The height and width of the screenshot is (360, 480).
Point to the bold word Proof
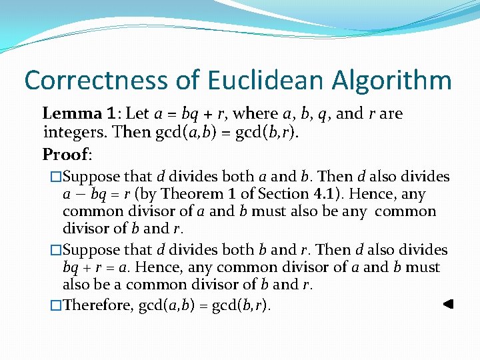click(65, 155)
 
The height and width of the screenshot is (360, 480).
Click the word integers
click(74, 131)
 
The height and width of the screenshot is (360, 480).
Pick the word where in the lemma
click(253, 113)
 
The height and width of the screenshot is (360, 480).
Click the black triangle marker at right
click(448, 304)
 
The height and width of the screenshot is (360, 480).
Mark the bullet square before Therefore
click(56, 305)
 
